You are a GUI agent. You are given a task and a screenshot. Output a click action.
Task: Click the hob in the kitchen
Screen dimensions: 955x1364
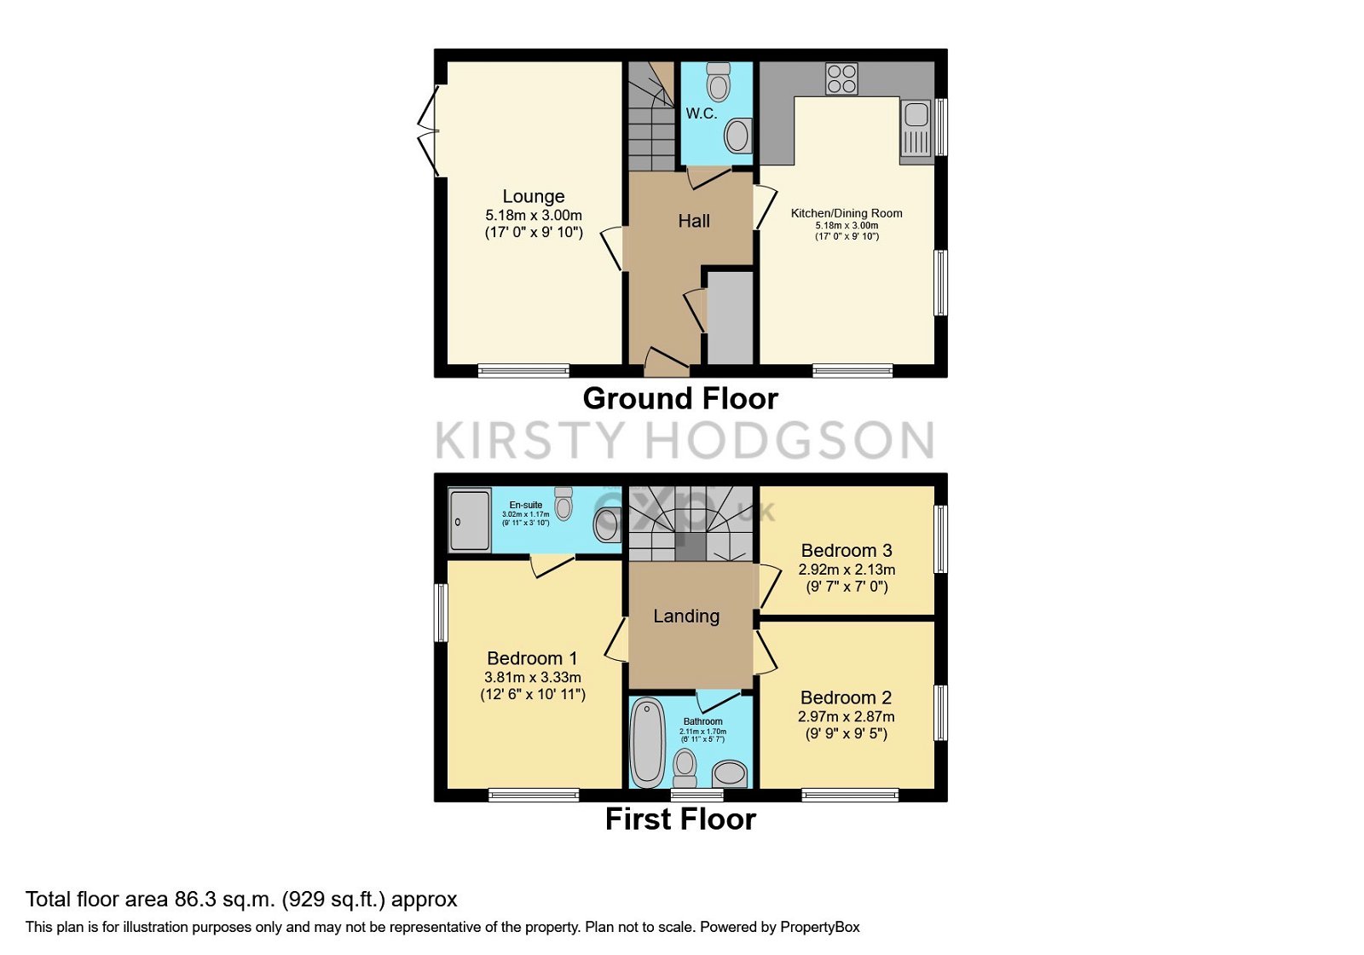(841, 78)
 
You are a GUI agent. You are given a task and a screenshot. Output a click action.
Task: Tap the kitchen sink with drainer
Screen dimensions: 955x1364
(916, 129)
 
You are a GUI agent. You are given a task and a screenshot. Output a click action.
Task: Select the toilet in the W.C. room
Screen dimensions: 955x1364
(719, 82)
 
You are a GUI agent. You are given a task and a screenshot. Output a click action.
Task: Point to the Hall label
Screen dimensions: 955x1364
(694, 221)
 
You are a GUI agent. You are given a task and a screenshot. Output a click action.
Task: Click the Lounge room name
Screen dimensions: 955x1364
(533, 196)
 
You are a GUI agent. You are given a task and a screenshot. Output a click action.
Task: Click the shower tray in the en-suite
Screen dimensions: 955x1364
(470, 519)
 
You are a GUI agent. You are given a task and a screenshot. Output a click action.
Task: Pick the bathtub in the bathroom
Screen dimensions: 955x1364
(648, 740)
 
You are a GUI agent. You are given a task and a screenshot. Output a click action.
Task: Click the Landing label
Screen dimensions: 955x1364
(686, 616)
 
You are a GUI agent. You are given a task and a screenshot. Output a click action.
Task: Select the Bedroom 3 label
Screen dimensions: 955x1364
(847, 551)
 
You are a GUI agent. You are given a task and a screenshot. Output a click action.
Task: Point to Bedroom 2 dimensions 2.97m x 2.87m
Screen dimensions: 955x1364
(847, 717)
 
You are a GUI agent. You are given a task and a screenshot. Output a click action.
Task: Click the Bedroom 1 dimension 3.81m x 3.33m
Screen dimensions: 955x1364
(533, 677)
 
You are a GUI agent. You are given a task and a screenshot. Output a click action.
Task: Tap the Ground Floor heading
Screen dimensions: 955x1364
(680, 398)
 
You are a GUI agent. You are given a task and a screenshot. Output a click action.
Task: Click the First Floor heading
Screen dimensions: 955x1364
(680, 819)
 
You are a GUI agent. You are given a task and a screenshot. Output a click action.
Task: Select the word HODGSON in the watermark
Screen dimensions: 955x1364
(789, 441)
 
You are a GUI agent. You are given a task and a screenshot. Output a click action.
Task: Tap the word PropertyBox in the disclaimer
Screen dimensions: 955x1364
(819, 928)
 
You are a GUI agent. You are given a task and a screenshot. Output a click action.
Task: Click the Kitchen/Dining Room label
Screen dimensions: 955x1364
(847, 213)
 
